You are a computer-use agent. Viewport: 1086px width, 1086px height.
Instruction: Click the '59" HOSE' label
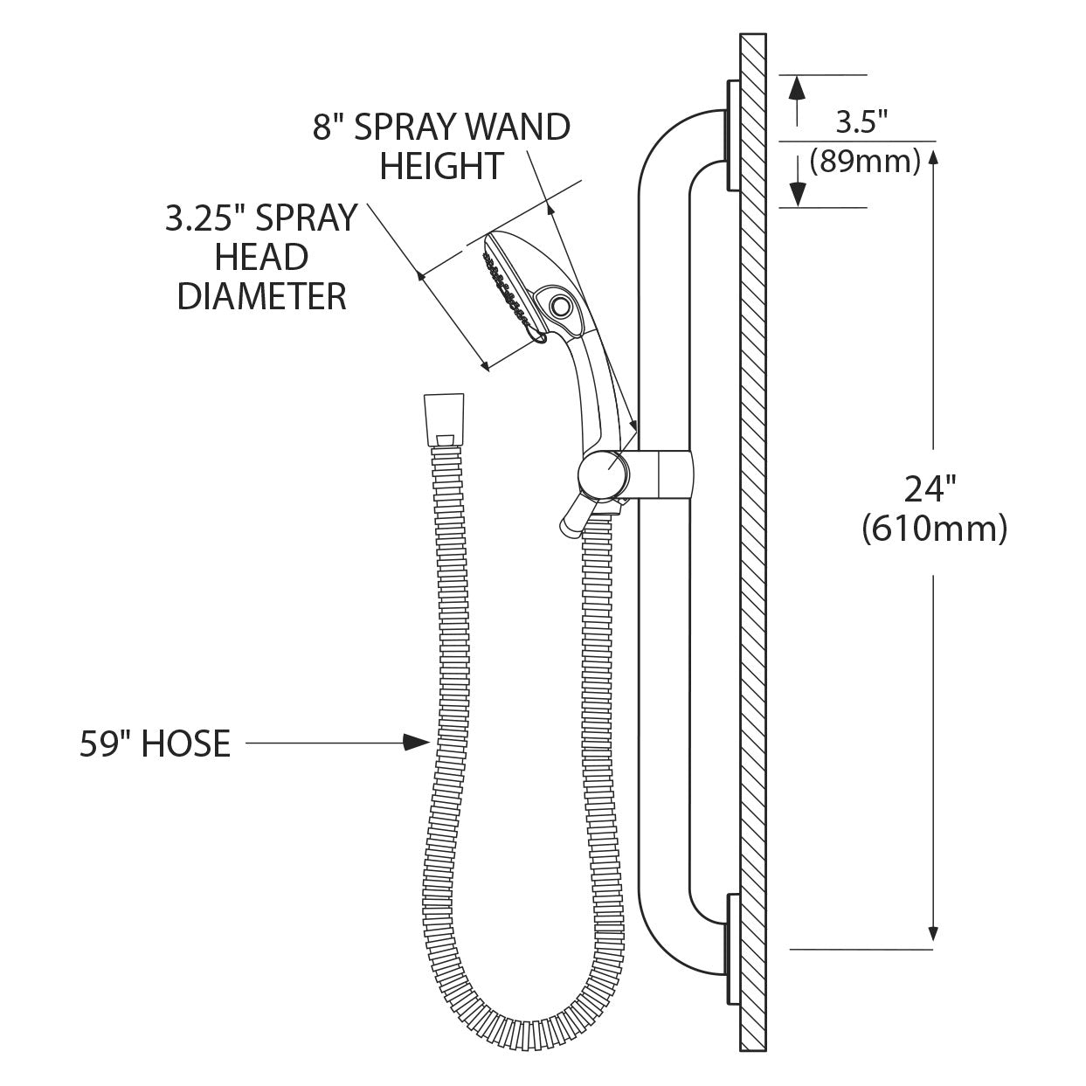[x=156, y=744]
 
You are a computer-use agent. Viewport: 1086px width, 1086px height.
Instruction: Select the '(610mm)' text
[x=933, y=529]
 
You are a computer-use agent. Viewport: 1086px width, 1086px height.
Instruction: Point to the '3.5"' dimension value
[x=861, y=122]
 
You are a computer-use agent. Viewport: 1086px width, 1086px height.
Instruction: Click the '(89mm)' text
[x=865, y=162]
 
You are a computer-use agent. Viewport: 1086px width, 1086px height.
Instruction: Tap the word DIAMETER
[x=262, y=296]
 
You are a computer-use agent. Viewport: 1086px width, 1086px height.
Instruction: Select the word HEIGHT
[x=441, y=166]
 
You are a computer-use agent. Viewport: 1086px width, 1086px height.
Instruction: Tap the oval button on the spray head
[x=559, y=305]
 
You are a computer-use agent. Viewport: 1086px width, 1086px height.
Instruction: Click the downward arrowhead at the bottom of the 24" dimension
[x=934, y=934]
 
